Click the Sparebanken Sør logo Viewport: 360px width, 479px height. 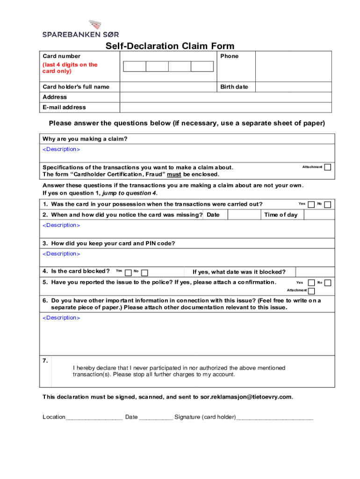[81, 29]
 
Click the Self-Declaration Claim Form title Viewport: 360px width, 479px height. [170, 46]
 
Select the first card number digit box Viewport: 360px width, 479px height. [135, 66]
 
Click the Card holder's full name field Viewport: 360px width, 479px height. [170, 87]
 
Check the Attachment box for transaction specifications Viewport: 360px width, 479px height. [328, 167]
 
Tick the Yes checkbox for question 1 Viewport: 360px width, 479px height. [311, 204]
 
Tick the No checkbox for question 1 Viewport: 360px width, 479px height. [328, 204]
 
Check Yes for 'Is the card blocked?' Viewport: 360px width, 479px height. [128, 272]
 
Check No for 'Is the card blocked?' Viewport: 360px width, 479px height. [144, 272]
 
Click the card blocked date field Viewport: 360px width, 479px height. [316, 272]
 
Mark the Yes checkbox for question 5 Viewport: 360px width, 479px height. [311, 283]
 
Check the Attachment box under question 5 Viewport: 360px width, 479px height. [311, 290]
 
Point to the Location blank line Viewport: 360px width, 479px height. [94, 417]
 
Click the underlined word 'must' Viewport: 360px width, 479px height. [174, 174]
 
